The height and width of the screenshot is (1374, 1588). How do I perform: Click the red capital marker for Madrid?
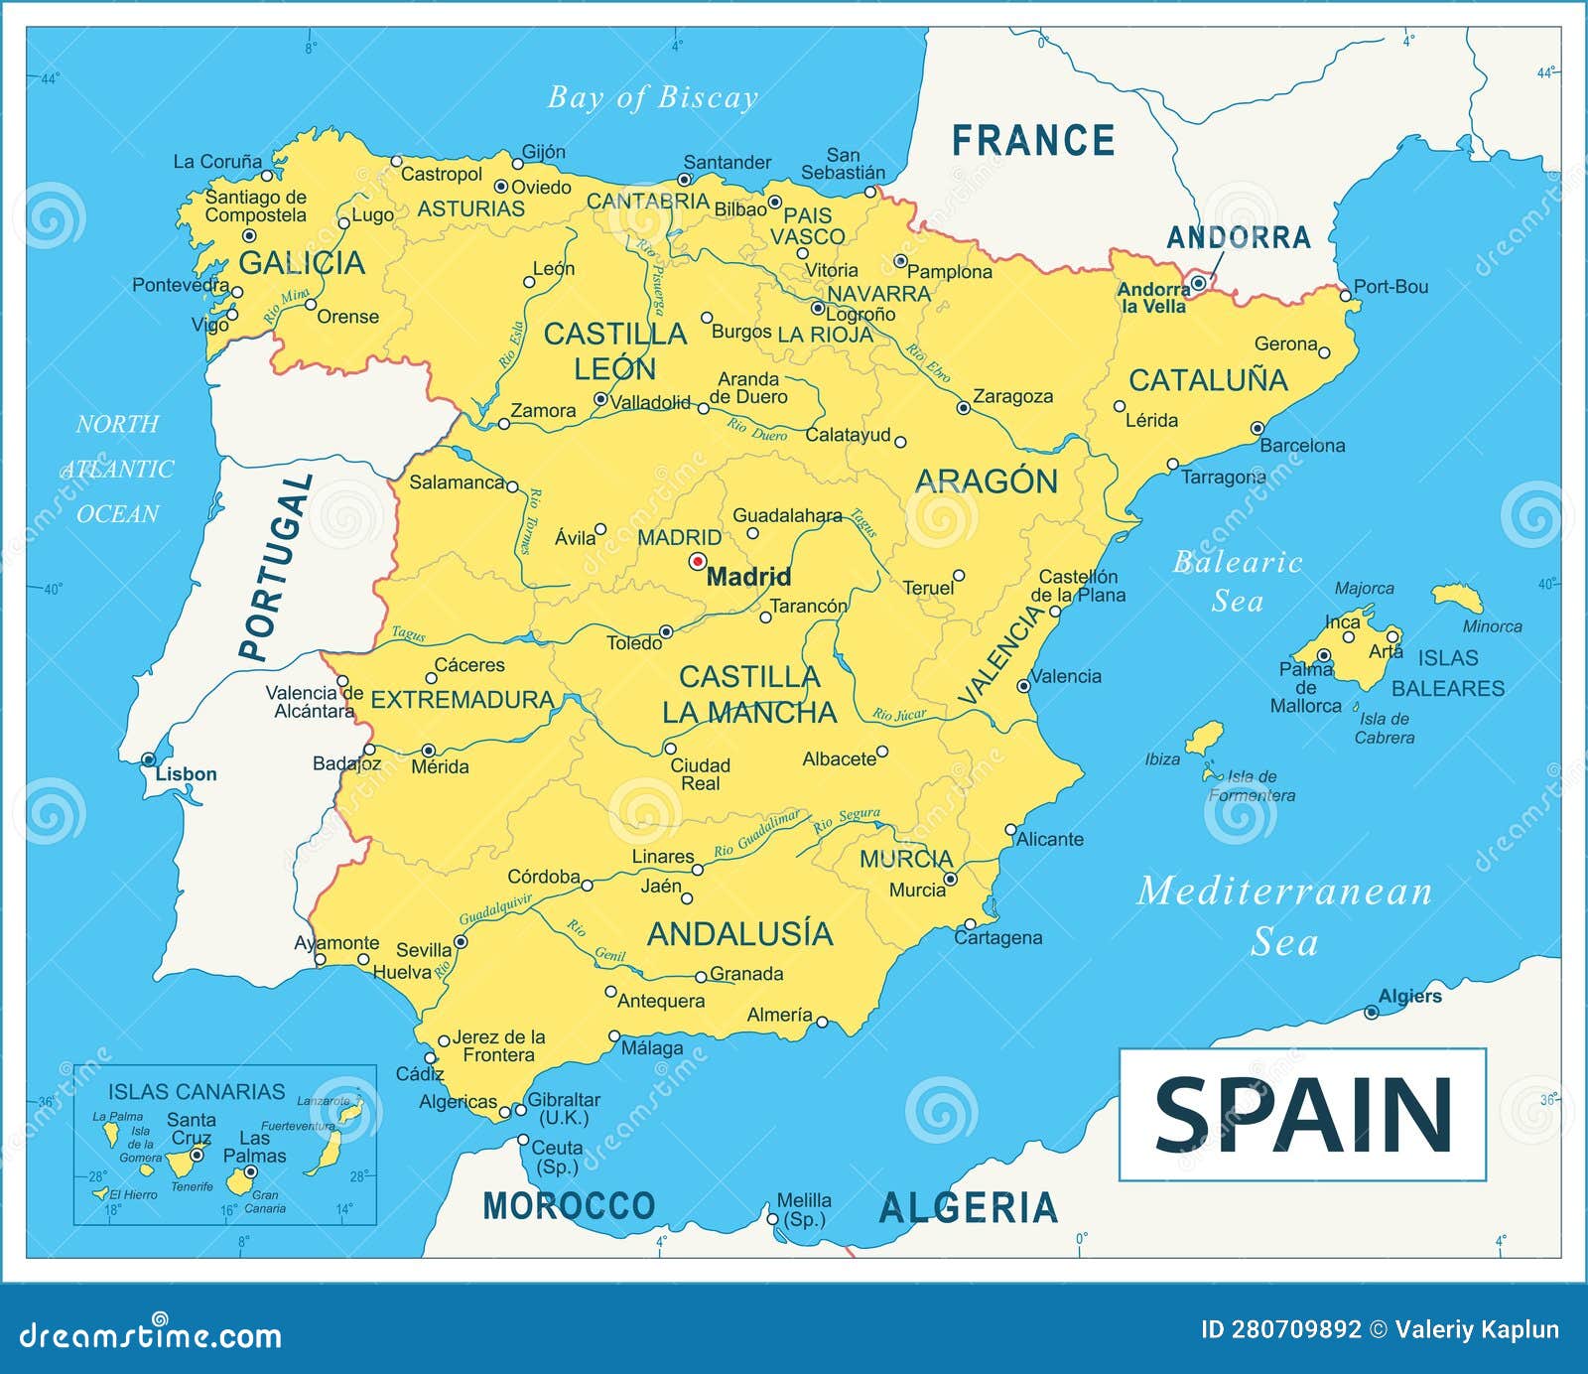[698, 561]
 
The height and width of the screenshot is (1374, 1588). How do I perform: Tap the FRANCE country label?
[1033, 141]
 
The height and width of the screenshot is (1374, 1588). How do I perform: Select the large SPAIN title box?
[1302, 1114]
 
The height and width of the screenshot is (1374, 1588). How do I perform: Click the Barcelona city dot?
[1257, 429]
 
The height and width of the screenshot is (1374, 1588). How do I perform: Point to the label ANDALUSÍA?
[740, 933]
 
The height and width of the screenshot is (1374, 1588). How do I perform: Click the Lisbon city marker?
[149, 759]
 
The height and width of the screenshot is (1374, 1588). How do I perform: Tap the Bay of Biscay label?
[653, 97]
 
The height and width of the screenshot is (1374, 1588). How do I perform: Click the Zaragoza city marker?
[963, 408]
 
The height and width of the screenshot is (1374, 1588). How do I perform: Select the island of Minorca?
[1457, 598]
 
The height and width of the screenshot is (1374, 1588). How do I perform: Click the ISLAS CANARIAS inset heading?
[197, 1091]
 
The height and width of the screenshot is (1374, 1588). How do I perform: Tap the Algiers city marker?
[1371, 1013]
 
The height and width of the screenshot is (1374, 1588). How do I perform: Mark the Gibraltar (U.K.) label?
[563, 1108]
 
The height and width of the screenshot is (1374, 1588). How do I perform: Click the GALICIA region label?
[302, 263]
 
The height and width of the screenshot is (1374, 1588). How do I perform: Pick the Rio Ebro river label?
[929, 364]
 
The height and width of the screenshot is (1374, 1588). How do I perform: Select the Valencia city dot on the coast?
[1023, 686]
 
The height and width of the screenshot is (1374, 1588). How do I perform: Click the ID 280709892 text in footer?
[1280, 1329]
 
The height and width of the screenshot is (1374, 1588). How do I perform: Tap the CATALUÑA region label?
[1208, 380]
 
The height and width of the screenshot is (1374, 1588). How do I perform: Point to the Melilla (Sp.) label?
[804, 1209]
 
